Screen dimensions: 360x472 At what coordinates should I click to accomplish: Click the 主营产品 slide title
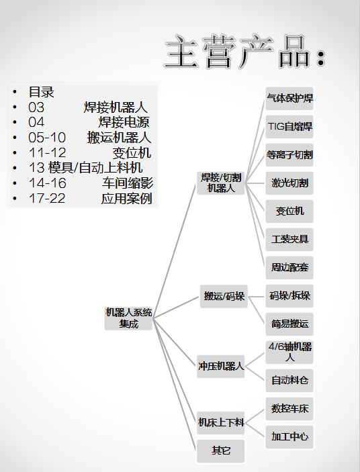coord(245,51)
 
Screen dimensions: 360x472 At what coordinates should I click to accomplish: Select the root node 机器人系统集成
coord(128,318)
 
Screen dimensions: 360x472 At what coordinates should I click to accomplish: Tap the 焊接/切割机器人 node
coord(221,183)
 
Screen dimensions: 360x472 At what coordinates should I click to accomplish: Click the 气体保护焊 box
coord(289,99)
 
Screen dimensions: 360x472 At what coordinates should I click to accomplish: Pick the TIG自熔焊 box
coord(289,127)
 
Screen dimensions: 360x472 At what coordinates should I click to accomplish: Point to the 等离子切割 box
coord(289,155)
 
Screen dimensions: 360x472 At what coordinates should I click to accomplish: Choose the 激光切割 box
coord(289,183)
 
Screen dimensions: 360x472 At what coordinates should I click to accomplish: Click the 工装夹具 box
coord(289,240)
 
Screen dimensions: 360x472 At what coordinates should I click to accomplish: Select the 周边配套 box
coord(289,268)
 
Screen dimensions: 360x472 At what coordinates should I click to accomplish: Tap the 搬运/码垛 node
coord(224,296)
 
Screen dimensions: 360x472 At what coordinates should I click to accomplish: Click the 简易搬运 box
coord(289,324)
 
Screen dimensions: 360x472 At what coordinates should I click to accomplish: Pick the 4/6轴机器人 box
coord(289,352)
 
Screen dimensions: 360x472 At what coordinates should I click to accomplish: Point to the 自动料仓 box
coord(289,381)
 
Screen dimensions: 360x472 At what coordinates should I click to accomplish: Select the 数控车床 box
coord(289,409)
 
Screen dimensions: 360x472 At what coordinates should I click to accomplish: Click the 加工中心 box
coord(289,437)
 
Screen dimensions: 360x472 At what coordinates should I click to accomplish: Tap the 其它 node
coord(221,451)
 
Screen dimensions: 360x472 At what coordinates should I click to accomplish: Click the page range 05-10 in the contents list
coord(47,138)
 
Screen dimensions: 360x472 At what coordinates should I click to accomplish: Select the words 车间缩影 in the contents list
coord(128,183)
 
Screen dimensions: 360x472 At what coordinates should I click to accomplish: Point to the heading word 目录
coord(41,92)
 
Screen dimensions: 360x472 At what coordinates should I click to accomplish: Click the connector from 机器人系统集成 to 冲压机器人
coord(175,342)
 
